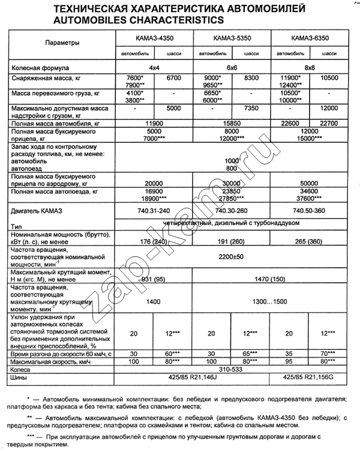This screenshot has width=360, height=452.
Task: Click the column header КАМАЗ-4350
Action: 154,38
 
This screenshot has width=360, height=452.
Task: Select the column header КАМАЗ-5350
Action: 232,38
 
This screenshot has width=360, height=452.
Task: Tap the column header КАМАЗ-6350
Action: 310,38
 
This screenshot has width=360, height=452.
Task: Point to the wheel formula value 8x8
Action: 310,68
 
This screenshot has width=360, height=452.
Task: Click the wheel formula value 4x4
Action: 154,68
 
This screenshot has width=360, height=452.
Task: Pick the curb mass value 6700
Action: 174,78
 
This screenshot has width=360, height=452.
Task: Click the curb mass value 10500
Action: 330,78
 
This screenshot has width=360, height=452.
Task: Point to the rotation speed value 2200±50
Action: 232,256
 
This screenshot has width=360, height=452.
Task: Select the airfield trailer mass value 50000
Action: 310,182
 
